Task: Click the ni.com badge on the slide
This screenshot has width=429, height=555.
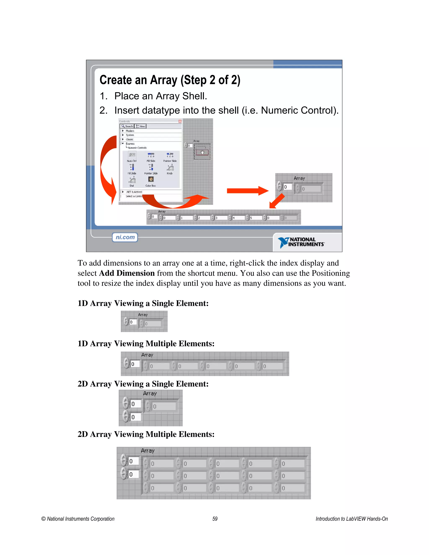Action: [125, 237]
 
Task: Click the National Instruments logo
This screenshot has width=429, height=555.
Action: [301, 242]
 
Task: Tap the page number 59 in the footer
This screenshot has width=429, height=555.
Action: [215, 519]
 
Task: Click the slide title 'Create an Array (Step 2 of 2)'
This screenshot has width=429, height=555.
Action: [170, 80]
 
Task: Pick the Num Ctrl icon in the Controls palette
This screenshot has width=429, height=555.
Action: [132, 155]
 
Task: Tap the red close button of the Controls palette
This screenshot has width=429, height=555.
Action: [180, 121]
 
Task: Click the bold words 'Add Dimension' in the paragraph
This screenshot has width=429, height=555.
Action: [127, 273]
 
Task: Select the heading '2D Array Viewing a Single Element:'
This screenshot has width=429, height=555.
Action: [143, 384]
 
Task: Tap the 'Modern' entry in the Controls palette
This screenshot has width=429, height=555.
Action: [130, 131]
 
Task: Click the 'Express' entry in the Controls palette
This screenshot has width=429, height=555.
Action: [130, 144]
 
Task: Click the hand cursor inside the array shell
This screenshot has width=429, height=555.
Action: [202, 152]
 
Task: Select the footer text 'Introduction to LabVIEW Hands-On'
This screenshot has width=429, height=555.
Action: [351, 519]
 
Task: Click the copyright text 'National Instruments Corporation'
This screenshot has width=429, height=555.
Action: [81, 519]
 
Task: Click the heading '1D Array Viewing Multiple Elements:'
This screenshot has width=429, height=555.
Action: [146, 343]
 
